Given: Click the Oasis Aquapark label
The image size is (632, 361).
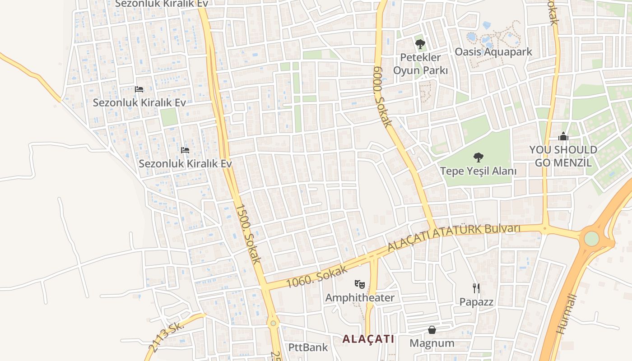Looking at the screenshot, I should [493, 52].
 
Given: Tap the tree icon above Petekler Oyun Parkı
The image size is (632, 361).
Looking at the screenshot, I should [420, 44].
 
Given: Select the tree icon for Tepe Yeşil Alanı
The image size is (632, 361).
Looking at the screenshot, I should [479, 157].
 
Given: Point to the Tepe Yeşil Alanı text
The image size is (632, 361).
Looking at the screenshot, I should [479, 171].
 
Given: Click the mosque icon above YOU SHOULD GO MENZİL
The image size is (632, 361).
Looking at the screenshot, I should [563, 136].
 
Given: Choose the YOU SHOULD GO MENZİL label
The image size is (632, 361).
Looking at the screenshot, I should [563, 156].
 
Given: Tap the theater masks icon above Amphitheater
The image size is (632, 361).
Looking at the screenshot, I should [360, 284].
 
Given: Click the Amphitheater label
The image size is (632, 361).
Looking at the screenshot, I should [360, 298].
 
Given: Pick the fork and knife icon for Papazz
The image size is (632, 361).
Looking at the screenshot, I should [476, 288].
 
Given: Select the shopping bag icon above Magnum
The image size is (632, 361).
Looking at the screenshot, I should [432, 330].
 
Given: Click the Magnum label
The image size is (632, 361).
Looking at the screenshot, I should [432, 343].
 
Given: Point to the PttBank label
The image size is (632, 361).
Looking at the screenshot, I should [308, 347].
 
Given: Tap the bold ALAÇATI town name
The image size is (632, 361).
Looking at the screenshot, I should [368, 339].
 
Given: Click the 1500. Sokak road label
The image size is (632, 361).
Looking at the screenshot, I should [248, 233].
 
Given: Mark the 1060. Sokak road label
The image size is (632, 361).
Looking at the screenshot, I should [317, 277].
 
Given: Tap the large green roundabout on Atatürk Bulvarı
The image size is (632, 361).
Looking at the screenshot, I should [591, 238].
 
